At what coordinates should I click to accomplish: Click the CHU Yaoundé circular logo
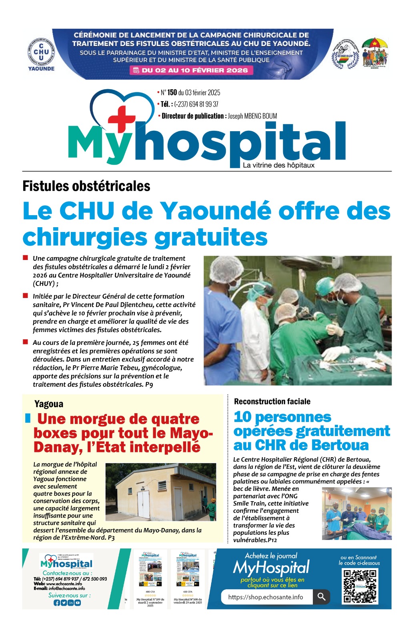click(41, 52)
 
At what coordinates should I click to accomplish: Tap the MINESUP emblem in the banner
click(345, 55)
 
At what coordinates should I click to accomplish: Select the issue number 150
click(172, 92)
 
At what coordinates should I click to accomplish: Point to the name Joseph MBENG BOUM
click(252, 116)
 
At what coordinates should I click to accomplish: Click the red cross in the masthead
click(122, 116)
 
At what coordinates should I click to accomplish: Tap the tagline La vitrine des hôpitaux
click(278, 165)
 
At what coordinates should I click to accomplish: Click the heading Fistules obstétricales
click(86, 186)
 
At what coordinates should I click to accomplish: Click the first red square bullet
click(26, 258)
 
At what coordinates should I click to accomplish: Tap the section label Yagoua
click(49, 404)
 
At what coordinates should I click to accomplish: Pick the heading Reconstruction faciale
click(272, 401)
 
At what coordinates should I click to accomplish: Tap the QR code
click(360, 586)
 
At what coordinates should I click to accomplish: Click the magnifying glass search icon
click(321, 597)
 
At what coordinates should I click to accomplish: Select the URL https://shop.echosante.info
click(266, 597)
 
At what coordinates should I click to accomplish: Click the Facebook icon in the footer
click(57, 603)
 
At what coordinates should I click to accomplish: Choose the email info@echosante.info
click(67, 588)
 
